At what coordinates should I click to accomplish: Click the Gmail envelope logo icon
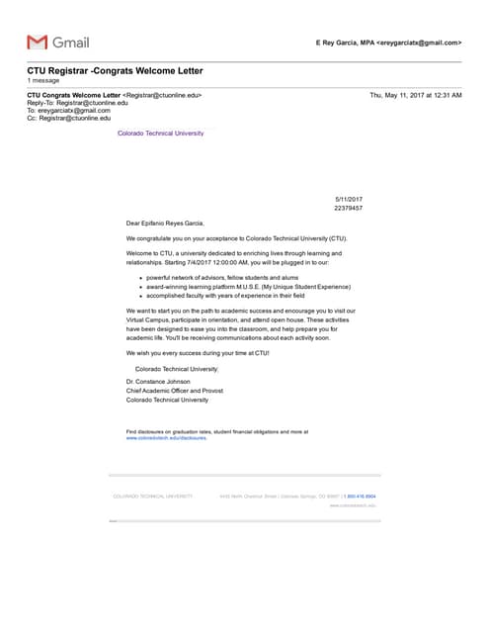pyautogui.click(x=38, y=42)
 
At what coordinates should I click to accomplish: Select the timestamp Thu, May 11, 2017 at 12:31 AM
pyautogui.click(x=415, y=95)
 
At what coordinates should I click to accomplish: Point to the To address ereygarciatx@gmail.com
pyautogui.click(x=74, y=111)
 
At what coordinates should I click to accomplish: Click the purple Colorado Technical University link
pyautogui.click(x=160, y=133)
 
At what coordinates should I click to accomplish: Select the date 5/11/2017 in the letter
pyautogui.click(x=349, y=200)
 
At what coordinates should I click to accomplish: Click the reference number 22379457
pyautogui.click(x=348, y=209)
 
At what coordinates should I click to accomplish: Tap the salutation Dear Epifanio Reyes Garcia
pyautogui.click(x=165, y=224)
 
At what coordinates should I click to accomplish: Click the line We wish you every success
pyautogui.click(x=198, y=353)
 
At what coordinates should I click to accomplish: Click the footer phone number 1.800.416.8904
pyautogui.click(x=361, y=496)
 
